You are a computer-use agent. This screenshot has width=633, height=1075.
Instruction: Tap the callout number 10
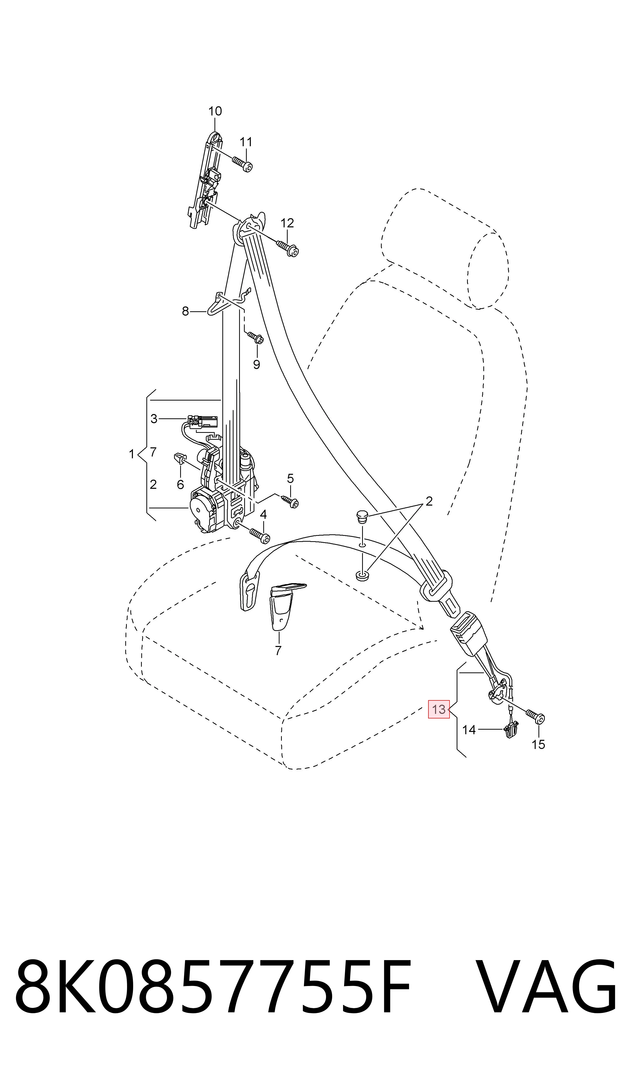click(x=215, y=111)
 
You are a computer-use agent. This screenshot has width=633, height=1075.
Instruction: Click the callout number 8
click(x=185, y=312)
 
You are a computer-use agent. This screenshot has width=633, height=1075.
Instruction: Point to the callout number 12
click(x=287, y=223)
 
